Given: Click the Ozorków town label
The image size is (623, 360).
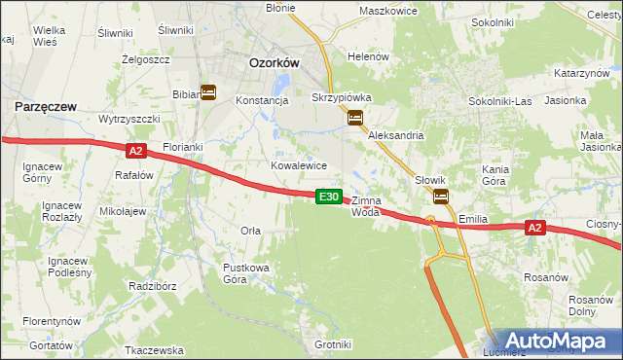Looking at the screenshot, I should coord(274,61).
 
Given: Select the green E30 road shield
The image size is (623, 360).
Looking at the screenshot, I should coord(330,197).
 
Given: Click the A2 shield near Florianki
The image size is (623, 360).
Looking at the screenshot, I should coord(135,150).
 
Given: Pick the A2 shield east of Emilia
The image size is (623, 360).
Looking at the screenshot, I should coord(534,228).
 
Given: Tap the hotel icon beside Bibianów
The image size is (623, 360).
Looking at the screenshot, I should coord(208,92).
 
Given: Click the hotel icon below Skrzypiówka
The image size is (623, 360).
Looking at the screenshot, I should coord(355,118).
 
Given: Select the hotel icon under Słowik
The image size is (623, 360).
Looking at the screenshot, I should coord(441,197).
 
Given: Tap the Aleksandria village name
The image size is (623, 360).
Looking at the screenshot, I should coord(395,136).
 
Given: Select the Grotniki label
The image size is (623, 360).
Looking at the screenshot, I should coord(333,344).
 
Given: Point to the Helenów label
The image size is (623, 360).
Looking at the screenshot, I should coord(369,56).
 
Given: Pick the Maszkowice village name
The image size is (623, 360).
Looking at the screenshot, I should coord(387,11).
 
